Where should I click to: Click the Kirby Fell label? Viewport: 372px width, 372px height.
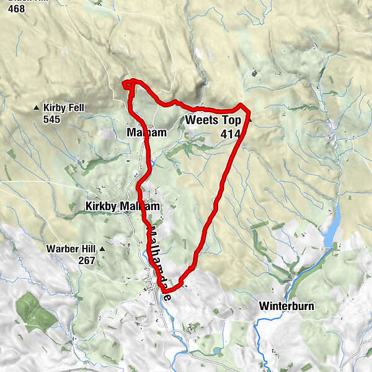tap(64, 108)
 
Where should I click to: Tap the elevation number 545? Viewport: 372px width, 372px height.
tap(52, 119)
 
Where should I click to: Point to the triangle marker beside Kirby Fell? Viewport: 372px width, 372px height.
tap(36, 108)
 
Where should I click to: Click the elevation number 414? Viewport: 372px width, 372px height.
tap(231, 132)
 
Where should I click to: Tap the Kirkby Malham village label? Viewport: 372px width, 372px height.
tap(123, 206)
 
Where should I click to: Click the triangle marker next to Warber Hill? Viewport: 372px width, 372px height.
tap(102, 249)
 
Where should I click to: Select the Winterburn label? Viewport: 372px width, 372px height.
tap(287, 306)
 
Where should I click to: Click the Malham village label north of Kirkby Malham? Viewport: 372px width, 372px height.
tap(146, 133)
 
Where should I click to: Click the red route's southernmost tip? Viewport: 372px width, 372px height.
tap(166, 290)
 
